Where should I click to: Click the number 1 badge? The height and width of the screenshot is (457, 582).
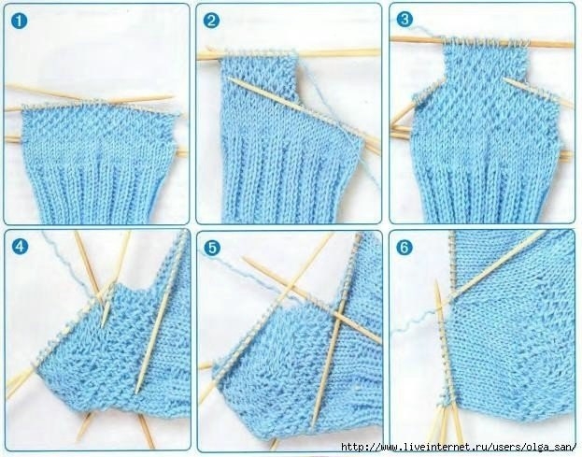19,21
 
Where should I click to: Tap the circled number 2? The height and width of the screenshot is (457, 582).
211,21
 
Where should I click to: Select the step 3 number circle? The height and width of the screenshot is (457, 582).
405,20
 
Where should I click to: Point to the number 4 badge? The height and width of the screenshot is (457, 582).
20,247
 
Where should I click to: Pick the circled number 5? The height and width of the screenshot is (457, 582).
212,248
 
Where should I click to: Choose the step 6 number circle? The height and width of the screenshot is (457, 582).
405,248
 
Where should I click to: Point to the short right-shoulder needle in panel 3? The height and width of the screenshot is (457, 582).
538,93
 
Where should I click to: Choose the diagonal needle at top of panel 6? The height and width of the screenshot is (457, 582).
498,265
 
